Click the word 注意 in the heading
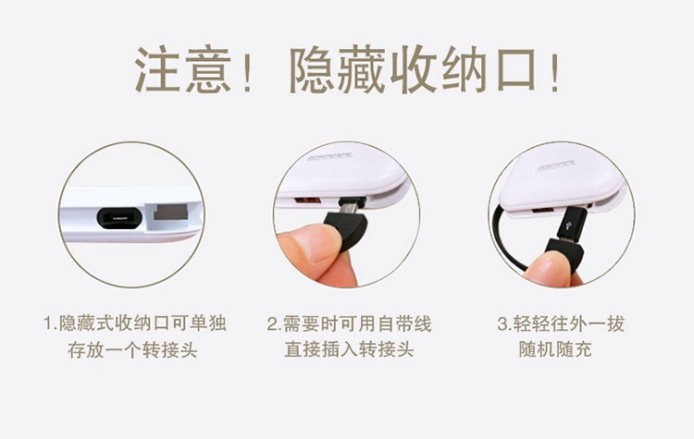pyautogui.click(x=183, y=69)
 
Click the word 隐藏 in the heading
pyautogui.click(x=337, y=69)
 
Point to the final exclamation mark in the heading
pyautogui.click(x=555, y=71)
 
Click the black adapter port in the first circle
pyautogui.click(x=119, y=218)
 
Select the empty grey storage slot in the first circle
pyautogui.click(x=170, y=212)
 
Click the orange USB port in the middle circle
pyautogui.click(x=307, y=200)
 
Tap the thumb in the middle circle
pyautogui.click(x=310, y=248)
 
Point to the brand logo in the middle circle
pyautogui.click(x=329, y=156)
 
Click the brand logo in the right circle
pyautogui.click(x=557, y=166)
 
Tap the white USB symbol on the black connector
pyautogui.click(x=568, y=225)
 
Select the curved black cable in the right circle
pyautogui.click(x=502, y=238)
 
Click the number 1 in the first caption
pyautogui.click(x=48, y=323)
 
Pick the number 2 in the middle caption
pyautogui.click(x=272, y=324)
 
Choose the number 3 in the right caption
pyautogui.click(x=502, y=324)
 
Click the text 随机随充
pyautogui.click(x=555, y=349)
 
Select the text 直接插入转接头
pyautogui.click(x=349, y=349)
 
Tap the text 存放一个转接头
pyautogui.click(x=132, y=350)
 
